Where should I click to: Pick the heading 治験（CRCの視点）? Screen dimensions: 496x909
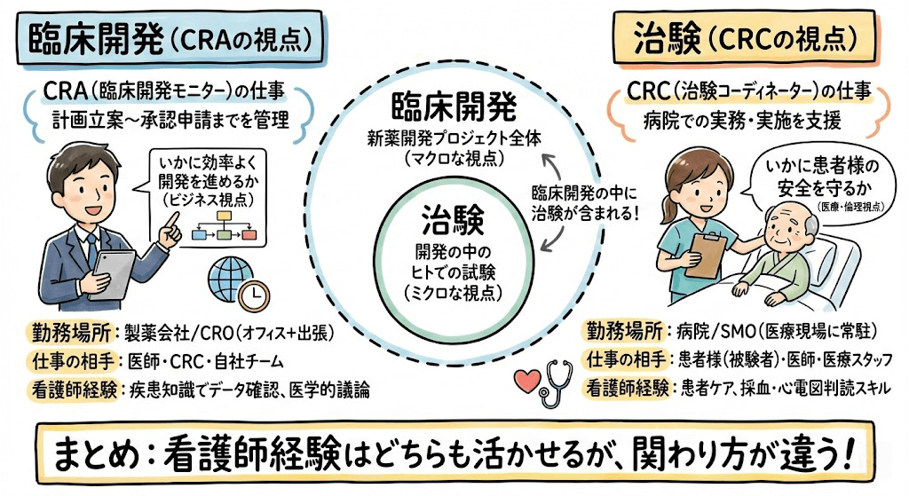[746, 37]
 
